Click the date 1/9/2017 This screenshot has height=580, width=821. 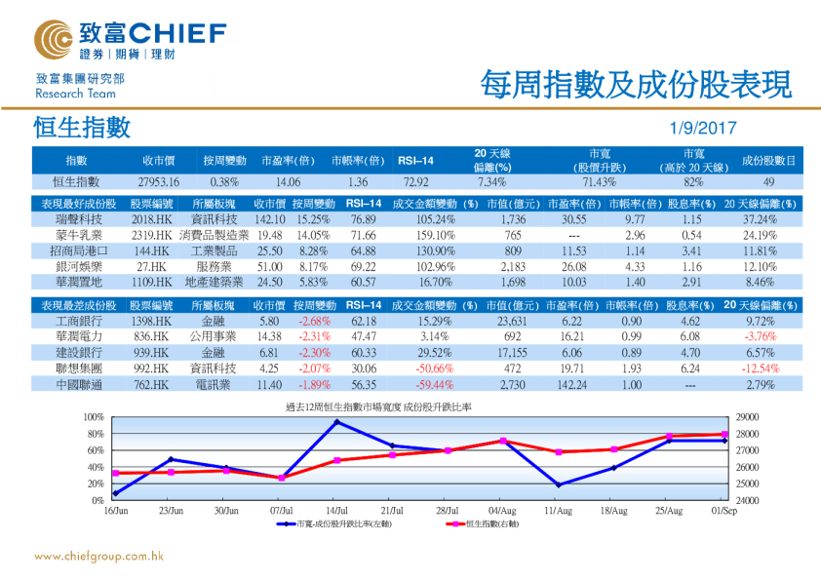pos(703,128)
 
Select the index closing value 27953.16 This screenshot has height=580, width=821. pos(160,181)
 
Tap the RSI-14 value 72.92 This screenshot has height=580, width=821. pos(414,181)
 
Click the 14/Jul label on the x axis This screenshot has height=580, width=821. pos(337,511)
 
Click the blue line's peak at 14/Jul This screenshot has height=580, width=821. pos(337,422)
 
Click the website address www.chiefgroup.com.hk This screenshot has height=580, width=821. pos(98,556)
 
